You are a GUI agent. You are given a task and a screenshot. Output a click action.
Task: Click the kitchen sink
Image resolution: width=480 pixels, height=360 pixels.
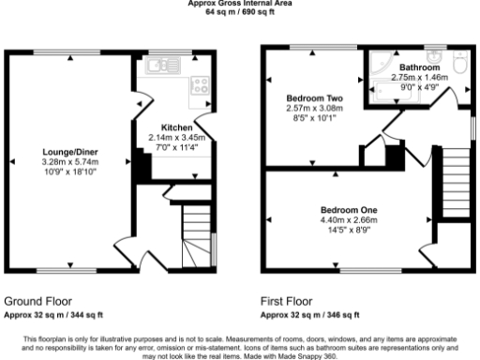[157, 66]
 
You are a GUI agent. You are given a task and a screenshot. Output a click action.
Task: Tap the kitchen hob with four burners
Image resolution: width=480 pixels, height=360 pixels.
[199, 86]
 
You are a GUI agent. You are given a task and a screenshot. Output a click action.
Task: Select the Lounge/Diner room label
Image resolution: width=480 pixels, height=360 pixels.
[70, 151]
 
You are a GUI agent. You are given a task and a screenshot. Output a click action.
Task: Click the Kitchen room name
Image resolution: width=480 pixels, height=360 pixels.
[176, 127]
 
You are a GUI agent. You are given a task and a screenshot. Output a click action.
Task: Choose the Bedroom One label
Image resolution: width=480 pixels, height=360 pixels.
[348, 209]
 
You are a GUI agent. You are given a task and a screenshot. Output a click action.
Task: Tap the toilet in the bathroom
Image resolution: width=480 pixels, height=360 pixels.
[458, 63]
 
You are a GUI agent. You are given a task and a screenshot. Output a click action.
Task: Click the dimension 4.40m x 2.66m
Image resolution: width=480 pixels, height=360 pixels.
[348, 219]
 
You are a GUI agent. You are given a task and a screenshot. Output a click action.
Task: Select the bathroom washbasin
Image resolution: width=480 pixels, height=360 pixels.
[433, 51]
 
